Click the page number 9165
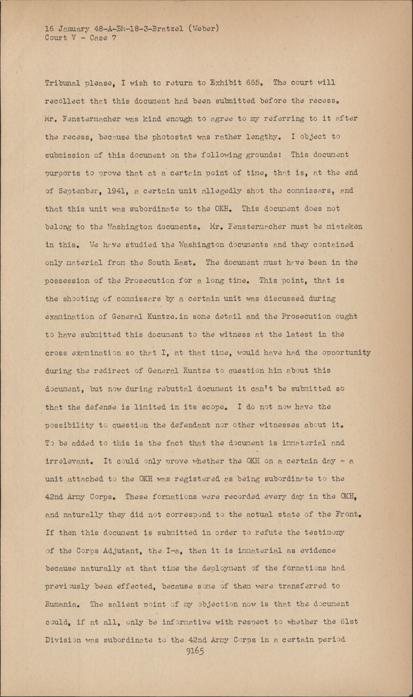[x=195, y=651]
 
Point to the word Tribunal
[x=62, y=83]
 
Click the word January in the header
[x=72, y=29]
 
